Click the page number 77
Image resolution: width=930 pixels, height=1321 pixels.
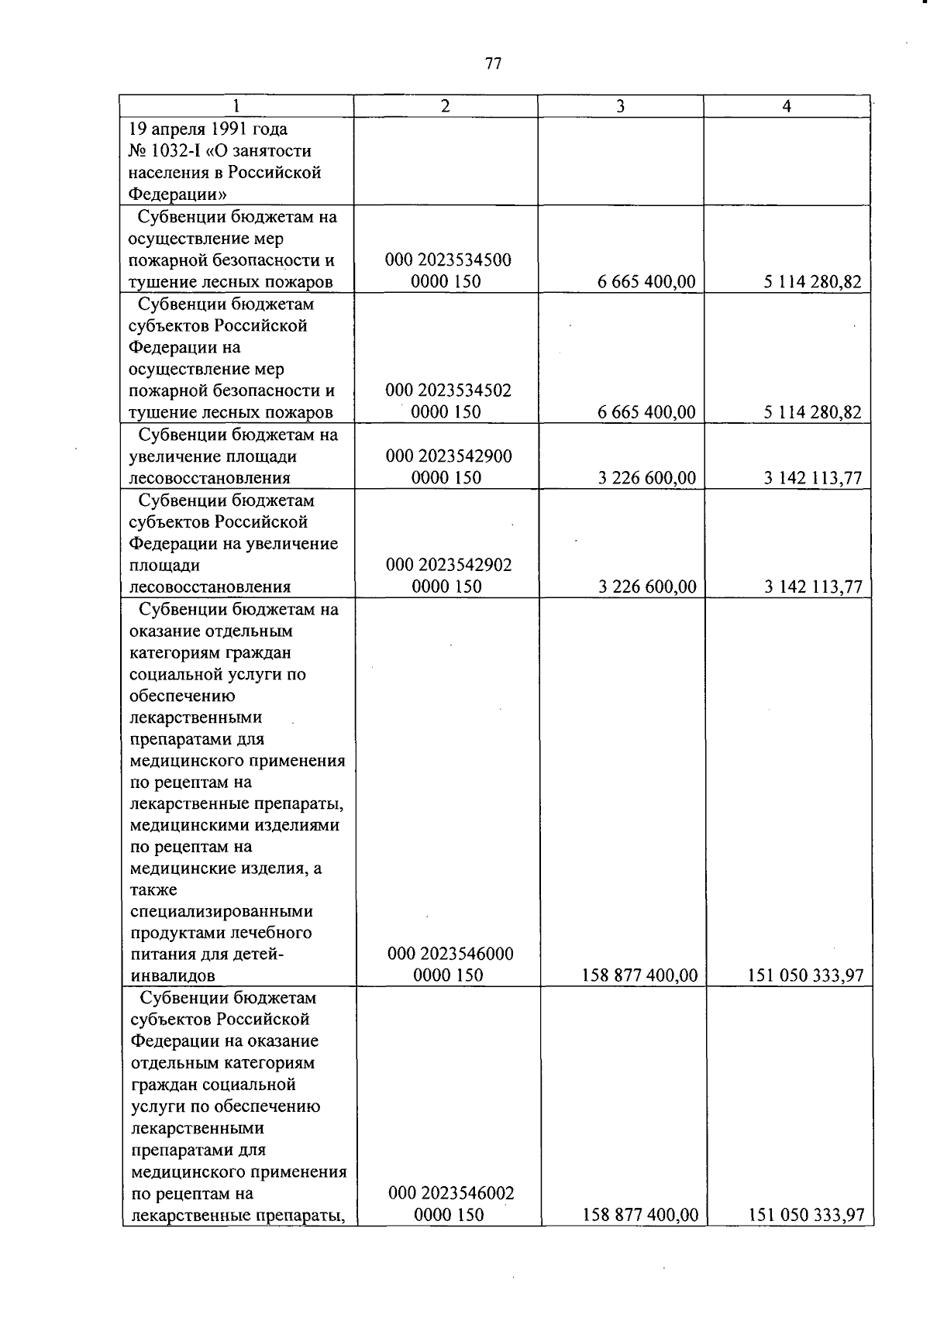494,64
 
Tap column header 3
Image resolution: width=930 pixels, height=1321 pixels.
620,107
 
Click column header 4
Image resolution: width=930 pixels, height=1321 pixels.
787,107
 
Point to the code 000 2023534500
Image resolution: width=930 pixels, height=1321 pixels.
448,260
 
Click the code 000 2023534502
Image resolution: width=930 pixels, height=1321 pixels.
448,390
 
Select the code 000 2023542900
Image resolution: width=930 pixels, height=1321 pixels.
449,456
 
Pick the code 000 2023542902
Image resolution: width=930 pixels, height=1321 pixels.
449,565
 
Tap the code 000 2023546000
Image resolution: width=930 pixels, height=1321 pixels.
450,954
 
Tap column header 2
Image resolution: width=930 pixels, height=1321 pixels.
445,107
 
